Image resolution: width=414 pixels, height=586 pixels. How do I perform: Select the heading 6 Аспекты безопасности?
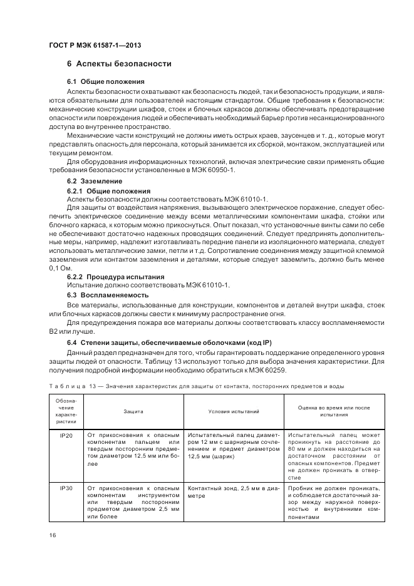(119, 64)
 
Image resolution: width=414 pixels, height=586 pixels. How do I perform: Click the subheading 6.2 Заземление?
(95, 182)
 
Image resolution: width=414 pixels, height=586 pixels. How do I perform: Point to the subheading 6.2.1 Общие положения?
(109, 190)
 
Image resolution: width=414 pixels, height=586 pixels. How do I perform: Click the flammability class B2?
(54, 331)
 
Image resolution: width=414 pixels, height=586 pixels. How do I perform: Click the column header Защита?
(133, 411)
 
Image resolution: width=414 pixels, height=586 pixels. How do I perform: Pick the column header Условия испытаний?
(234, 411)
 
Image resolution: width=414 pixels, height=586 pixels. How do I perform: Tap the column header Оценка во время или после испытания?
(335, 411)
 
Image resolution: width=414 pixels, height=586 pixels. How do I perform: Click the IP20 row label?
(66, 434)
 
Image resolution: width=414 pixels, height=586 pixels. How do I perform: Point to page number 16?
(53, 535)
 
